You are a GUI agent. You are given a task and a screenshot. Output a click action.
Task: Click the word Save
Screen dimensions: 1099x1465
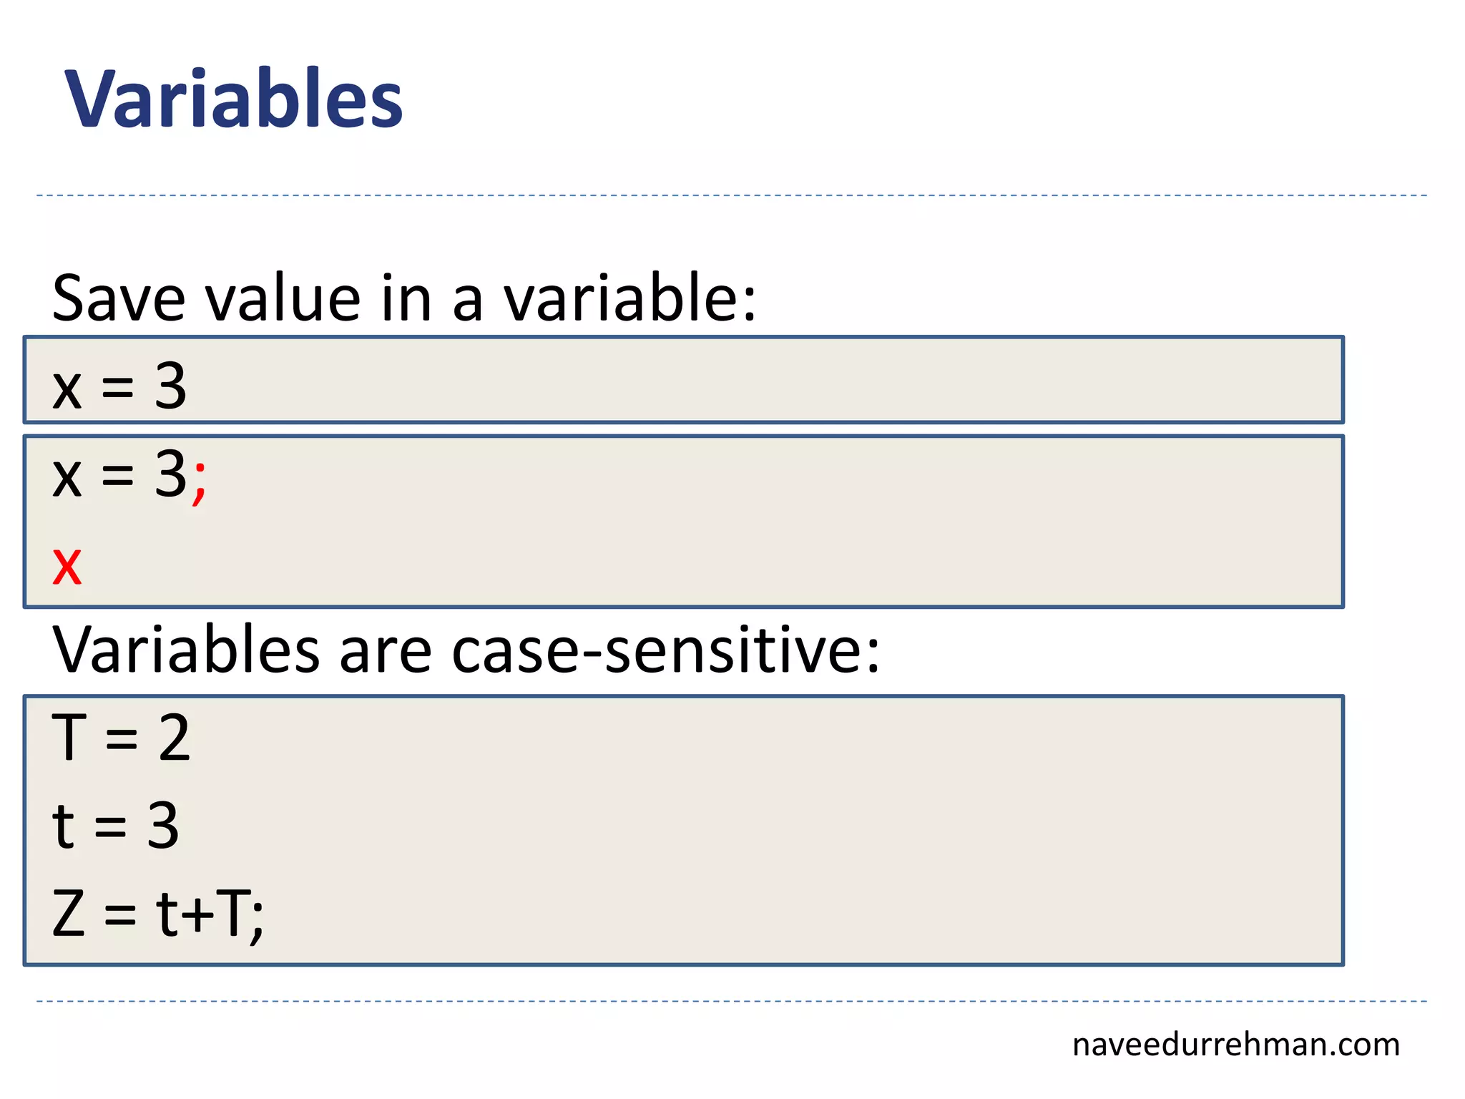(119, 298)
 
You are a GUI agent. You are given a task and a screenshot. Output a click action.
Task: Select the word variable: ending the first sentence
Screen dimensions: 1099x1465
(629, 298)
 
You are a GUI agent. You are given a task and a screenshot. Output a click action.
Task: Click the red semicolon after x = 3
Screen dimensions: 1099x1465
(200, 482)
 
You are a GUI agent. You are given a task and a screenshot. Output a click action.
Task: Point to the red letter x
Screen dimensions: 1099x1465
(67, 566)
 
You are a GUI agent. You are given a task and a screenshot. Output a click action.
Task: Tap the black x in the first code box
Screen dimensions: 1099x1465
(67, 391)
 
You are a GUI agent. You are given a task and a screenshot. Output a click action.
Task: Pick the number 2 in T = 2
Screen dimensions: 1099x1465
(175, 738)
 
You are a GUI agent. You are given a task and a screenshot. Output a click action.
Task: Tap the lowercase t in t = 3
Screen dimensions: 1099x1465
(64, 826)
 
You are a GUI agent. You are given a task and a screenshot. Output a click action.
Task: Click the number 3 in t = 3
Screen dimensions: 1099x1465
(163, 826)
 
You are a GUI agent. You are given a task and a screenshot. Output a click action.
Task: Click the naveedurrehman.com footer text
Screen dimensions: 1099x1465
(1235, 1045)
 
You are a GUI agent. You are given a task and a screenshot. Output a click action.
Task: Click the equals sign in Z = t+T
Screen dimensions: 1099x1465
(120, 916)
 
